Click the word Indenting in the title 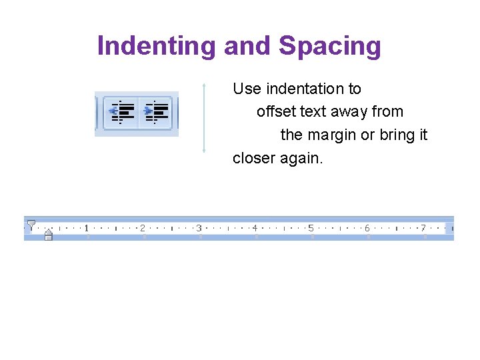point(157,46)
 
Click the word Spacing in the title point(329,46)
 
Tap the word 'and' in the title point(247,46)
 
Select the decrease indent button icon point(122,112)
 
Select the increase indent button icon point(156,112)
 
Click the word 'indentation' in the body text point(313,89)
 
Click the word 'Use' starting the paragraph point(247,89)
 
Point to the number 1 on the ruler point(87,229)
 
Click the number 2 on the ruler point(143,229)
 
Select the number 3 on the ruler point(199,229)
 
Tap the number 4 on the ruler point(255,229)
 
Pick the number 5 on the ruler point(311,229)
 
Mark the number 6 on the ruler point(367,229)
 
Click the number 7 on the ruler point(423,229)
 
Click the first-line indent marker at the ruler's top point(31,224)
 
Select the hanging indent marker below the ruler point(48,234)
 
